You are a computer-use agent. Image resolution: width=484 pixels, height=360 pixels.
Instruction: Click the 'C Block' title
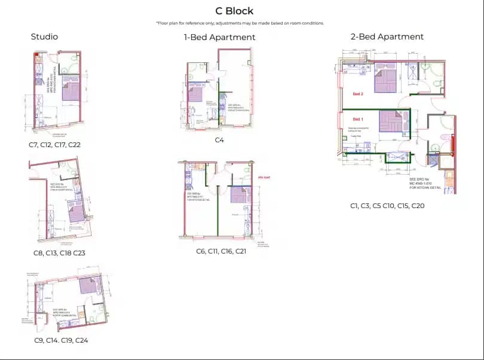click(234, 11)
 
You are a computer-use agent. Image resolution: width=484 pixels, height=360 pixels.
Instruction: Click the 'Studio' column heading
click(44, 37)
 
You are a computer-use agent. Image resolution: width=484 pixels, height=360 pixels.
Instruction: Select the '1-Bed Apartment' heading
click(219, 37)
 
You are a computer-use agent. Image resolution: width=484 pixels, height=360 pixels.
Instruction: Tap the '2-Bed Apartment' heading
click(387, 37)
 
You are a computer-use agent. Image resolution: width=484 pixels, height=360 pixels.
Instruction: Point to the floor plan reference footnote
click(240, 23)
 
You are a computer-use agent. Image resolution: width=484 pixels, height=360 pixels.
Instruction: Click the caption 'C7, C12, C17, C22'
click(54, 145)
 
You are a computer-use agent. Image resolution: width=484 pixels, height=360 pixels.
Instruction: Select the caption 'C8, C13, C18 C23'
click(59, 253)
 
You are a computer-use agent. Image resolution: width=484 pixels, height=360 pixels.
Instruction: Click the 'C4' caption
click(219, 141)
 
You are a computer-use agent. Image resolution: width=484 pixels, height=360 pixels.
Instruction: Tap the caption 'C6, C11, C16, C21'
click(221, 251)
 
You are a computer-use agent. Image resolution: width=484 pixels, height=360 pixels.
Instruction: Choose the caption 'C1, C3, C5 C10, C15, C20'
click(387, 205)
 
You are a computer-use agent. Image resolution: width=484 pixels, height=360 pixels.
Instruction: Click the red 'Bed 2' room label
click(358, 94)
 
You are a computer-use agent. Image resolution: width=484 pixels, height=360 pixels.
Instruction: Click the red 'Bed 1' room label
click(358, 118)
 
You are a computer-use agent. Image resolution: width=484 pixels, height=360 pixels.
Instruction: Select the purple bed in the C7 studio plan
click(71, 91)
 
